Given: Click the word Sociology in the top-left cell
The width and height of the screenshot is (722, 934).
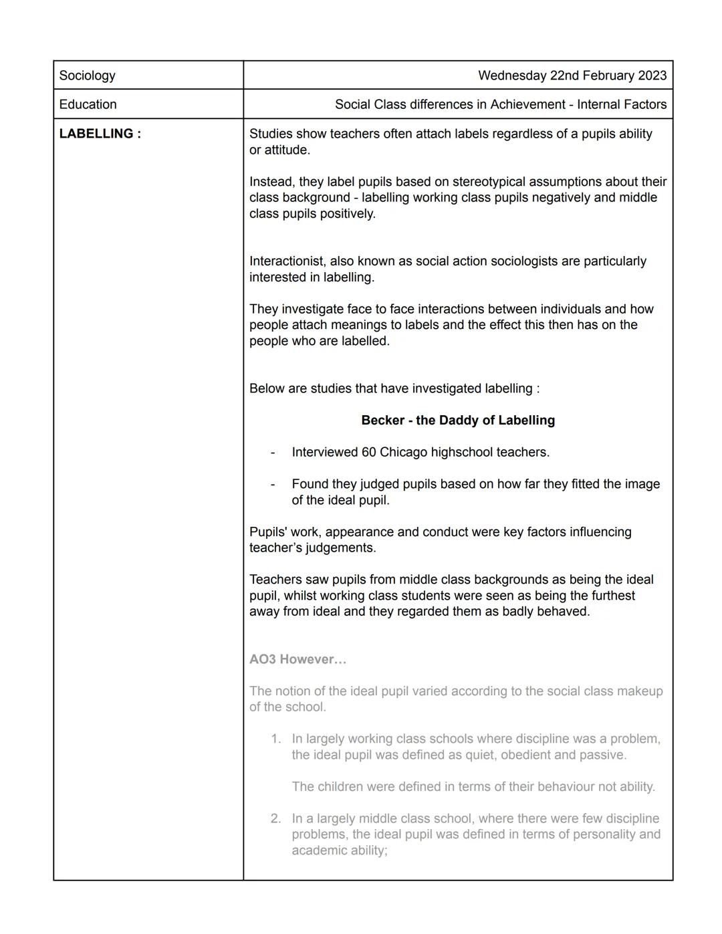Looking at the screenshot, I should click(x=87, y=76).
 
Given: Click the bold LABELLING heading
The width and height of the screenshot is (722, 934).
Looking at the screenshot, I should click(x=100, y=134).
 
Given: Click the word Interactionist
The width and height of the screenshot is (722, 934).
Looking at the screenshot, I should click(x=287, y=261).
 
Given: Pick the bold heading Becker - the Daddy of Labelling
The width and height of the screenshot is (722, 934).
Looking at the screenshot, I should click(x=458, y=421).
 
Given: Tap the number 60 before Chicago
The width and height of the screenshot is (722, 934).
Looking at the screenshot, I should click(x=369, y=453).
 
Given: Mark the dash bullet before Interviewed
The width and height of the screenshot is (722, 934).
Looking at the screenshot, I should click(x=273, y=453).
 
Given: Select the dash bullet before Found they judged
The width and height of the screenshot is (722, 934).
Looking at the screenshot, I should click(x=273, y=485).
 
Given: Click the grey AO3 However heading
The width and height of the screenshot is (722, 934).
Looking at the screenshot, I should click(x=298, y=660).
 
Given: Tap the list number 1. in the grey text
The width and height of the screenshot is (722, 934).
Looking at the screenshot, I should click(x=276, y=739).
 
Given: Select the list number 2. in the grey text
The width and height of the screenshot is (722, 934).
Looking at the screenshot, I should click(x=276, y=819).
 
